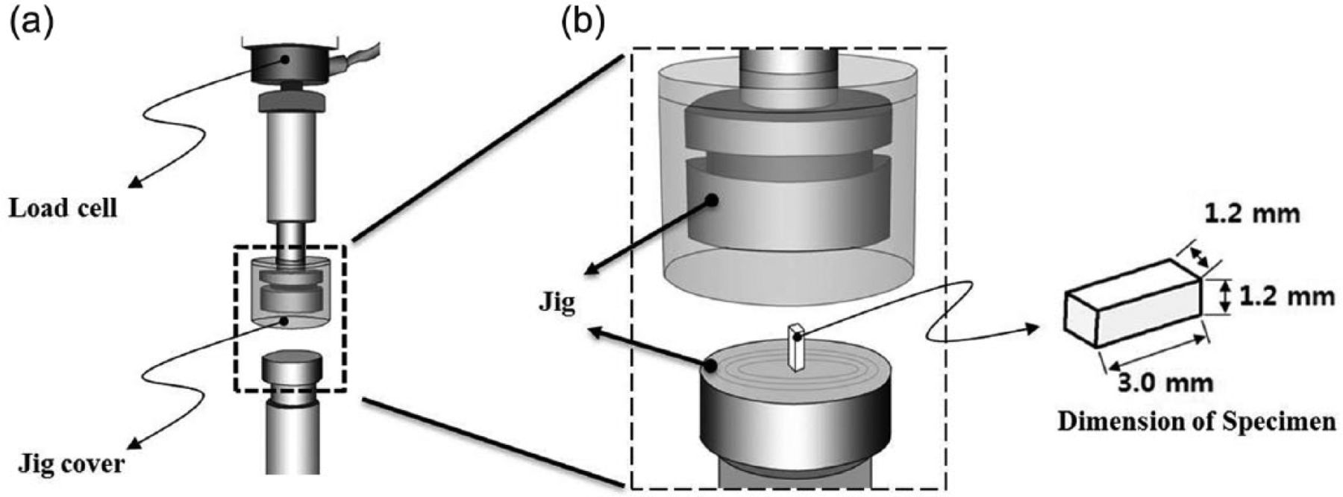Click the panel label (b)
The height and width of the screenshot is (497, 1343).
(x=583, y=22)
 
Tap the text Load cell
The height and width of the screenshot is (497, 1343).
(x=63, y=208)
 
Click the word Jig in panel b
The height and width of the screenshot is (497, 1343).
(x=557, y=306)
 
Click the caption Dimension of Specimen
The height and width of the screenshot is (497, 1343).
(x=1197, y=422)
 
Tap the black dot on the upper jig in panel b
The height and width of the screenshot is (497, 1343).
(x=713, y=200)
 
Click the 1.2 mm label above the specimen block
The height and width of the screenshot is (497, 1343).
(x=1253, y=215)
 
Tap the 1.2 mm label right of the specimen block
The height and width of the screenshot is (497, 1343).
(x=1286, y=297)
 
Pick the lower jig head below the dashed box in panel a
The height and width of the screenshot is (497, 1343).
(x=291, y=367)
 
